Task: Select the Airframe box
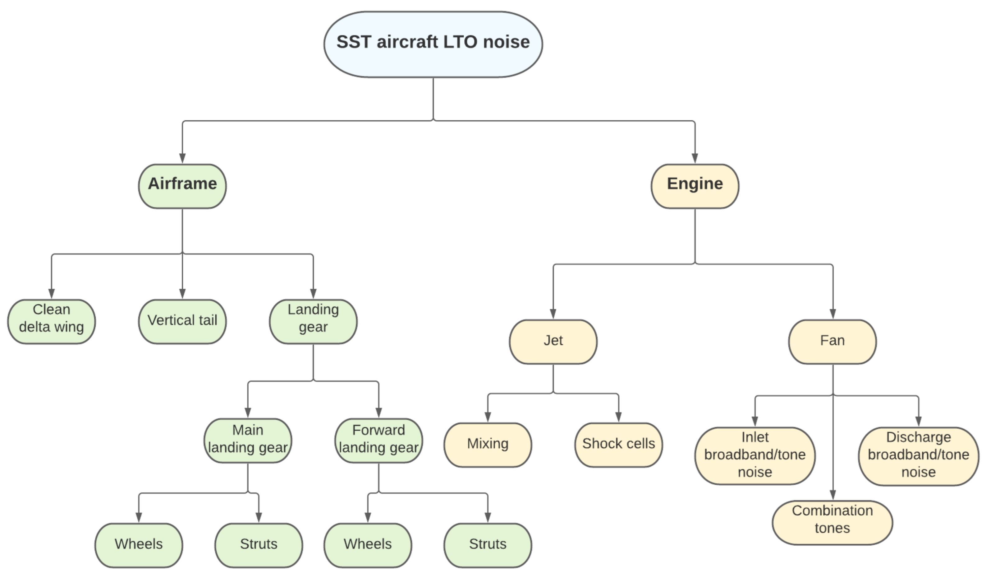click(182, 186)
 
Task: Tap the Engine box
click(695, 186)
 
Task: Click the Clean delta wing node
click(51, 321)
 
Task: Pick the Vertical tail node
click(182, 321)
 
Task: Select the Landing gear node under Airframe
click(313, 321)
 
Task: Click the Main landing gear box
click(248, 440)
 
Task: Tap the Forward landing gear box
click(378, 440)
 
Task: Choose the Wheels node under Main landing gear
click(139, 545)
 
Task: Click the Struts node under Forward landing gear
click(488, 545)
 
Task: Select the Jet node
click(553, 342)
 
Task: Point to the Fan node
click(832, 342)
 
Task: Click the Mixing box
click(488, 445)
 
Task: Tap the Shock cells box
click(618, 445)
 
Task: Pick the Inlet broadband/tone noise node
click(755, 456)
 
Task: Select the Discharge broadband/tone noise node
click(918, 456)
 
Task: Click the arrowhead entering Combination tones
click(832, 495)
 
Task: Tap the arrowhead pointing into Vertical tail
click(182, 294)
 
